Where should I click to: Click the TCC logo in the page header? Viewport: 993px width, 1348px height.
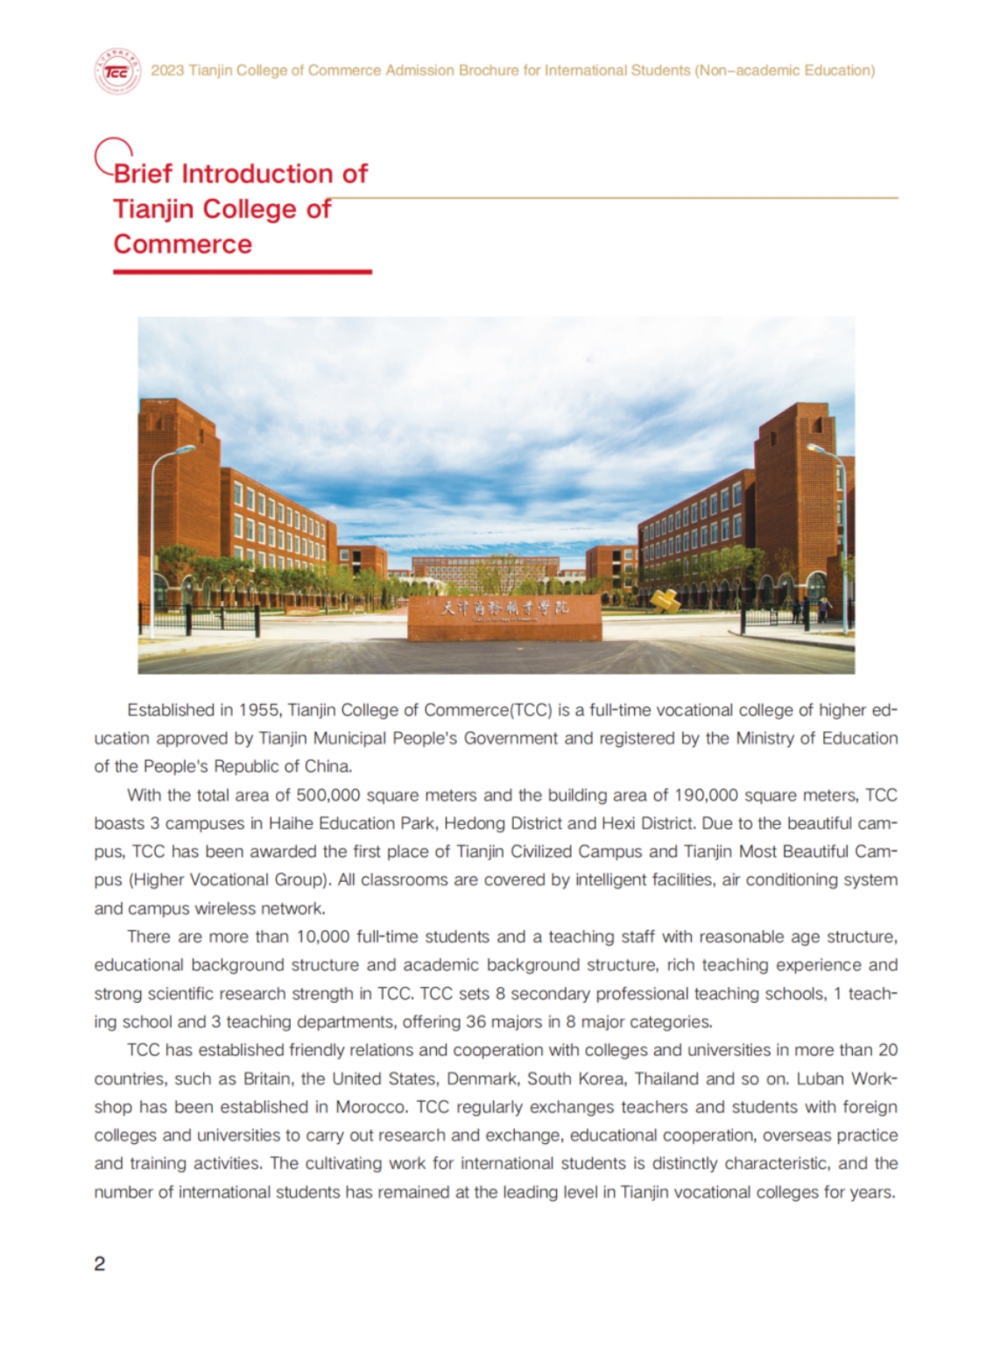(116, 71)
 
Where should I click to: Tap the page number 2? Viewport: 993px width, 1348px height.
(100, 1263)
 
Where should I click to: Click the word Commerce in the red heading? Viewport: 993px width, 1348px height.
(182, 243)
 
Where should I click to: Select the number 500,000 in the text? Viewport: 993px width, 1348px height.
(328, 795)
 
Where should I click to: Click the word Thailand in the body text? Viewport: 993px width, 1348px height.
(666, 1078)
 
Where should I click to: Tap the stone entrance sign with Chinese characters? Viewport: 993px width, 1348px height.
(504, 617)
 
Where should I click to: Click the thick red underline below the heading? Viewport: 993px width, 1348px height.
(243, 272)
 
